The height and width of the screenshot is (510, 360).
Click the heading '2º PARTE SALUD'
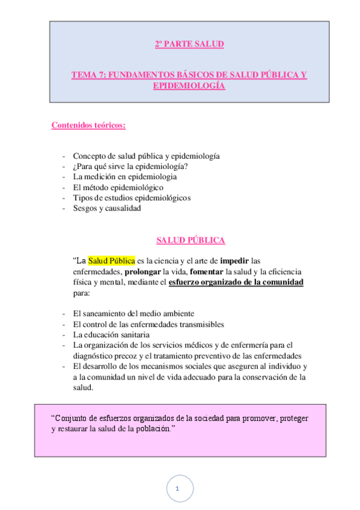[189, 44]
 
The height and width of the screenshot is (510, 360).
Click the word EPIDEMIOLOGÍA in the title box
[189, 86]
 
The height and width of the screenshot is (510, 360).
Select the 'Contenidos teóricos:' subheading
[88, 125]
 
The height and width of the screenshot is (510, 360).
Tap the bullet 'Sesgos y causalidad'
[106, 208]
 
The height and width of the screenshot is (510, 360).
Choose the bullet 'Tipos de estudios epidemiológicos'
[132, 198]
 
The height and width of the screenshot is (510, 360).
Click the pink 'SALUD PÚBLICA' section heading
[191, 240]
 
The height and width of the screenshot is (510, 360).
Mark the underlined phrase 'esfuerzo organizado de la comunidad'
[236, 283]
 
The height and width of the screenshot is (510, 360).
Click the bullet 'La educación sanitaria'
[111, 334]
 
